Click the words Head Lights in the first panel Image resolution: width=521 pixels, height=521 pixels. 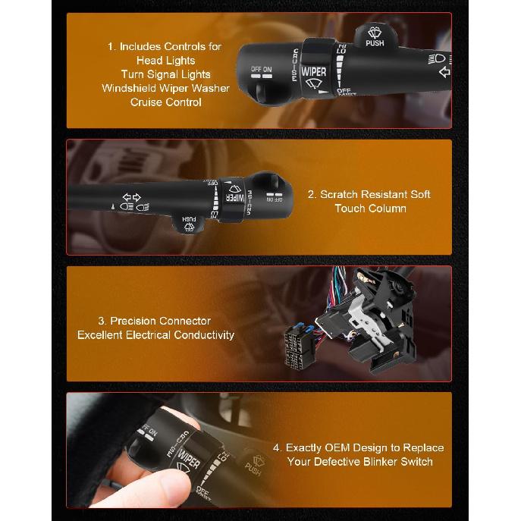tap(165, 60)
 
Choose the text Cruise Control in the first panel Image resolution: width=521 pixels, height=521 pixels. tap(165, 102)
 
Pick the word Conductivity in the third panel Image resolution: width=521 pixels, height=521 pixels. tap(203, 334)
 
